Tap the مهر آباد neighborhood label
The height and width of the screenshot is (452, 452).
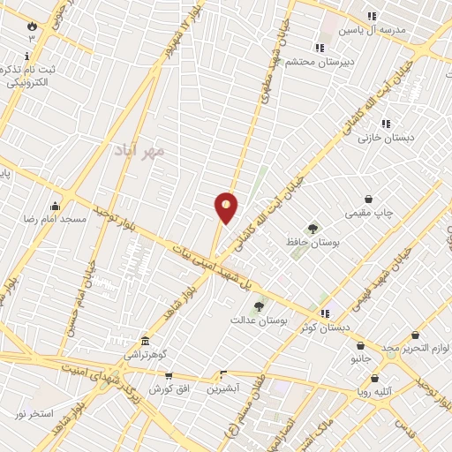(139, 150)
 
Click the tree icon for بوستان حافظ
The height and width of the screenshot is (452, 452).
(313, 229)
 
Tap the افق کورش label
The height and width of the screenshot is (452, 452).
(165, 388)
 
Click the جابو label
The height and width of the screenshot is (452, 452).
(344, 359)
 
